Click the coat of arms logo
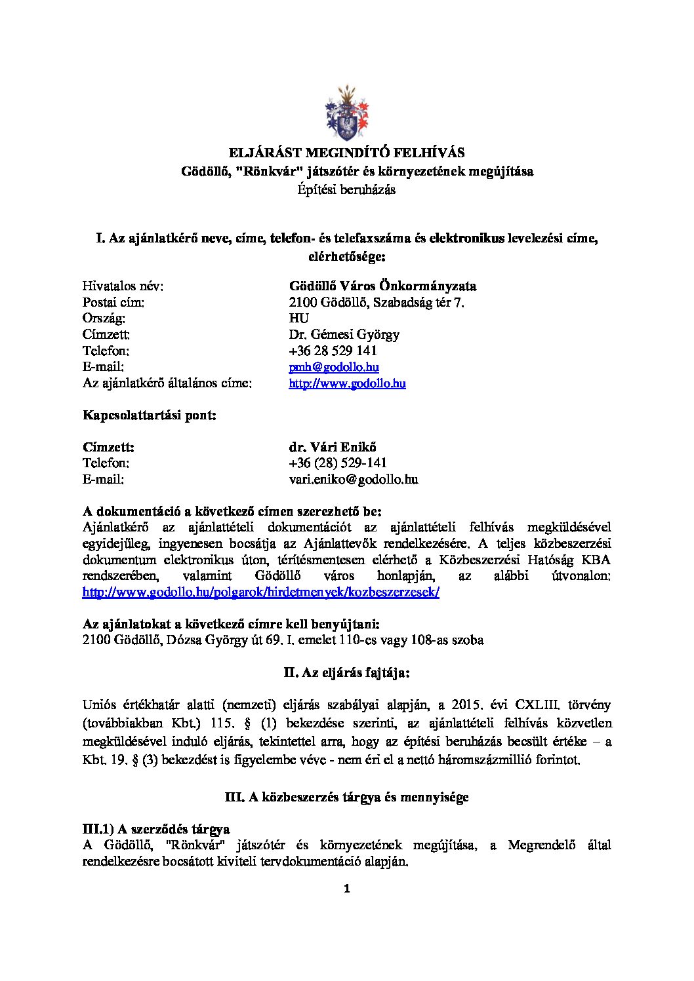[x=347, y=112]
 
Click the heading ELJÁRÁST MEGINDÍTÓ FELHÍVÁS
[x=346, y=153]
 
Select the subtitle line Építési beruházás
[x=346, y=189]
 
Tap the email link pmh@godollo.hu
[x=334, y=367]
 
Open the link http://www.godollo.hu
[x=347, y=383]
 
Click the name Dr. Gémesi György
[x=344, y=334]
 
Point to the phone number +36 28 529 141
[x=333, y=351]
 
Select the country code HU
[x=298, y=318]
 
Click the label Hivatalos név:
[x=123, y=286]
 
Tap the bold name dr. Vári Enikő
[x=333, y=447]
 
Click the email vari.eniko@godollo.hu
[x=354, y=479]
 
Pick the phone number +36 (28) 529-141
[x=338, y=463]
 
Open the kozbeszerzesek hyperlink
[x=260, y=592]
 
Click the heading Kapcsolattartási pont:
[x=150, y=415]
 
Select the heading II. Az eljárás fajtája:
[x=346, y=672]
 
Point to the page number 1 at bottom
[x=347, y=889]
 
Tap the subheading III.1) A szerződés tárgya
[x=156, y=829]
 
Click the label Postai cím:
[x=113, y=302]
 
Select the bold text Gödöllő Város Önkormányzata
[x=382, y=286]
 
